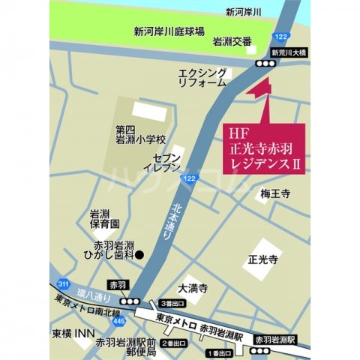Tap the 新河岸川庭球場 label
[x=169, y=32]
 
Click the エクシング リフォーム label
[x=202, y=77]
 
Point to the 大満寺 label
[x=193, y=287]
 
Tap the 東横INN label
[x=72, y=333]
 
